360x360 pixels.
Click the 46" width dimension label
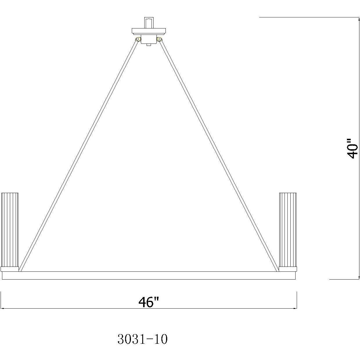(149, 302)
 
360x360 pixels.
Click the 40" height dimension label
(353, 148)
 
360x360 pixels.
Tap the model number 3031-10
(143, 339)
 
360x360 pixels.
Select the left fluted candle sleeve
(10, 229)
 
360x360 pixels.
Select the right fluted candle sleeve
(288, 229)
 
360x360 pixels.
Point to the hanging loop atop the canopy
(149, 23)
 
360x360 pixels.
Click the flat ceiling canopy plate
(149, 31)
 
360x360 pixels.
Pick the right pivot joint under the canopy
(159, 39)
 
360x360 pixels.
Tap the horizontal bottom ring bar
(149, 276)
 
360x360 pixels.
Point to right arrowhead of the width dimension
(295, 308)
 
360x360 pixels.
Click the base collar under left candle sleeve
(10, 269)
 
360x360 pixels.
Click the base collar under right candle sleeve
(288, 269)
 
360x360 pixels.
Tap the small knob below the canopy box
(149, 45)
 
